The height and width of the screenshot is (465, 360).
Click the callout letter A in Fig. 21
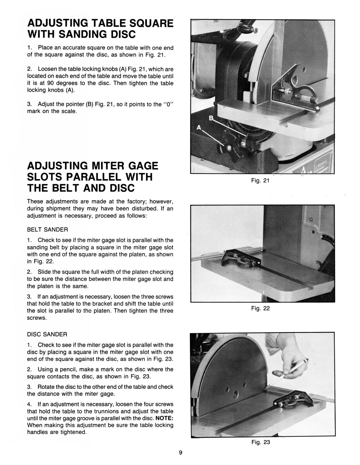point(199,127)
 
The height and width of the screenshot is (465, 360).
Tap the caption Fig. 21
point(260,180)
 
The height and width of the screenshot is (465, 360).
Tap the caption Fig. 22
point(260,308)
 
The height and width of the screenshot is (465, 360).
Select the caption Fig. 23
point(260,442)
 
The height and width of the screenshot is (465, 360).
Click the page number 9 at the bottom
point(180,453)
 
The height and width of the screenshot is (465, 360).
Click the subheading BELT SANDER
point(47,230)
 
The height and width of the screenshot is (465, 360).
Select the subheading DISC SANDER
point(47,335)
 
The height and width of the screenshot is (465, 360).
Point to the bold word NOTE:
point(165,418)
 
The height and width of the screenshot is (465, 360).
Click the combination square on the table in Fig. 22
point(240,257)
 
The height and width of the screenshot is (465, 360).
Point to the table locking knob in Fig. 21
point(229,148)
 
